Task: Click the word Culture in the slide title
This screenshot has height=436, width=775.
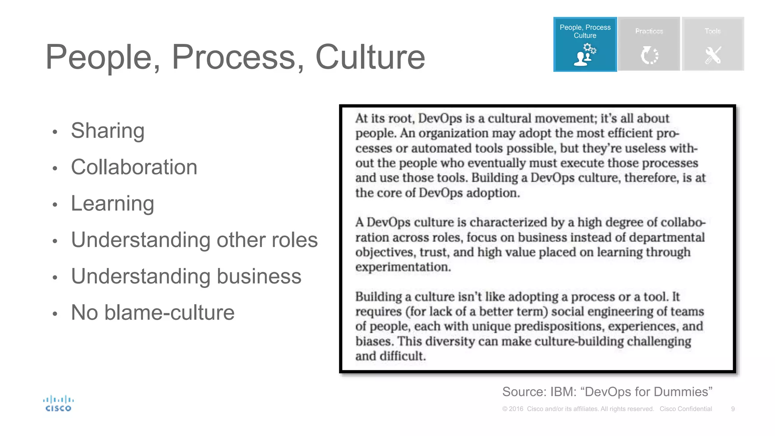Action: pos(370,57)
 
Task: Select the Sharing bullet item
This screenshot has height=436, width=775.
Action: pos(108,131)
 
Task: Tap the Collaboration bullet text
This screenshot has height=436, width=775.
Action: pos(134,167)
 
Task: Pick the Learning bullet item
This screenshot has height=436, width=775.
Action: pos(112,204)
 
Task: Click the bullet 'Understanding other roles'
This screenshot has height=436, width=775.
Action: pos(194,240)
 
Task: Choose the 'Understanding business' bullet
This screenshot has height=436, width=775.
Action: pos(186,276)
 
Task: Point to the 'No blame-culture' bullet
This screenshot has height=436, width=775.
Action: pos(153,313)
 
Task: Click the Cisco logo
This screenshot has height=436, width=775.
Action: pos(58,403)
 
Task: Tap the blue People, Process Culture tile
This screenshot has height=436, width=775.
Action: pos(585,44)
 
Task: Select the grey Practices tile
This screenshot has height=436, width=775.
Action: pos(649,44)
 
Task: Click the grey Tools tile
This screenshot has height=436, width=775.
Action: pos(713,44)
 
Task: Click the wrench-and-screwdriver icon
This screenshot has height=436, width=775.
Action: pos(713,55)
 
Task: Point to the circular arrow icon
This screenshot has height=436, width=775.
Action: pos(649,55)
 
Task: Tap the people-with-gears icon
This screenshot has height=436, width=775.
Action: pos(585,55)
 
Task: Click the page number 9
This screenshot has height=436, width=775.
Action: pos(733,409)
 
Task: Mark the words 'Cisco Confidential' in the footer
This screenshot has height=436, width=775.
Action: pos(686,409)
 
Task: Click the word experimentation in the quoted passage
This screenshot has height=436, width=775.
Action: pos(403,267)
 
